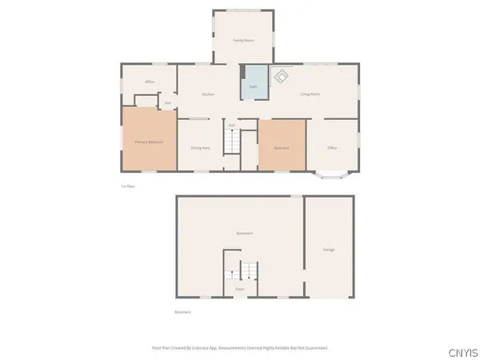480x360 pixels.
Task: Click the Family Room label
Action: (243, 39)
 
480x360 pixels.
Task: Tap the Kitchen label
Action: (208, 94)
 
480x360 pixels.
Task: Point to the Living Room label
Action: (310, 94)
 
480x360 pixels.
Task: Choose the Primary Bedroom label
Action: (149, 142)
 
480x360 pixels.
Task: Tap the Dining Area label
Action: (200, 148)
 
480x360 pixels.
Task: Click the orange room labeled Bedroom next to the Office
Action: (282, 146)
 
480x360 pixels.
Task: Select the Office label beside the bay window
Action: (332, 148)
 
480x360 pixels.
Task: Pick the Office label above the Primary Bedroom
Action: (150, 82)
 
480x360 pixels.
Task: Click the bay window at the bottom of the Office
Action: (330, 173)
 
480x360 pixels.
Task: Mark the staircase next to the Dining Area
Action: (231, 142)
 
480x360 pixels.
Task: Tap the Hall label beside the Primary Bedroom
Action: (168, 102)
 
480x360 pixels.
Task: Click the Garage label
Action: (329, 250)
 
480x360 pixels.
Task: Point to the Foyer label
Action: (239, 289)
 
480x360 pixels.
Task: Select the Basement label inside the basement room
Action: (245, 233)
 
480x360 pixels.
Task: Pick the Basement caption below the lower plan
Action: (182, 312)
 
